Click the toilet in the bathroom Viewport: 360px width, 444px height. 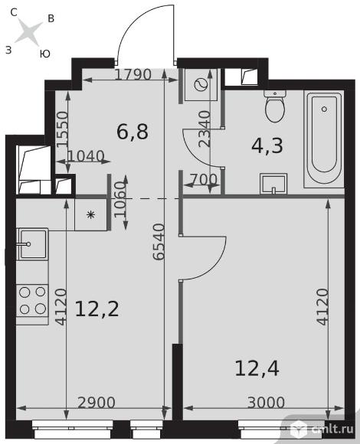[275, 106]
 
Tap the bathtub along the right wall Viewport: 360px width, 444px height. [324, 139]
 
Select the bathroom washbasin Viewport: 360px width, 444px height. [273, 184]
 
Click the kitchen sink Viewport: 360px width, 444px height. [33, 244]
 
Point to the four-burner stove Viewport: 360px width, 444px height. [32, 301]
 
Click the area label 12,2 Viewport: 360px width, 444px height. [97, 309]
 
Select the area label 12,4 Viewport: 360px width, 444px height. [257, 368]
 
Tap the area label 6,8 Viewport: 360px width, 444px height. [132, 132]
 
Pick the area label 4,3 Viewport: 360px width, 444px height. [267, 145]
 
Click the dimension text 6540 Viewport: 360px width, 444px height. [159, 242]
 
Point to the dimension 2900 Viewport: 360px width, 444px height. [97, 403]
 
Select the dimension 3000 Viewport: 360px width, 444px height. [266, 403]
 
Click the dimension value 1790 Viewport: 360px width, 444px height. [133, 75]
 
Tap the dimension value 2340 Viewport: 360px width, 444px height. [205, 129]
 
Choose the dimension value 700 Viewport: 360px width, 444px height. [204, 179]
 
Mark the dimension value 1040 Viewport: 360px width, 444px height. [86, 156]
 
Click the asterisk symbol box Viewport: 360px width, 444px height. [91, 215]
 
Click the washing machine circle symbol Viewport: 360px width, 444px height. [201, 84]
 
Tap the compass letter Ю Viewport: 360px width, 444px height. [45, 54]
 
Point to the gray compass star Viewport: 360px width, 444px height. [28, 31]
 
